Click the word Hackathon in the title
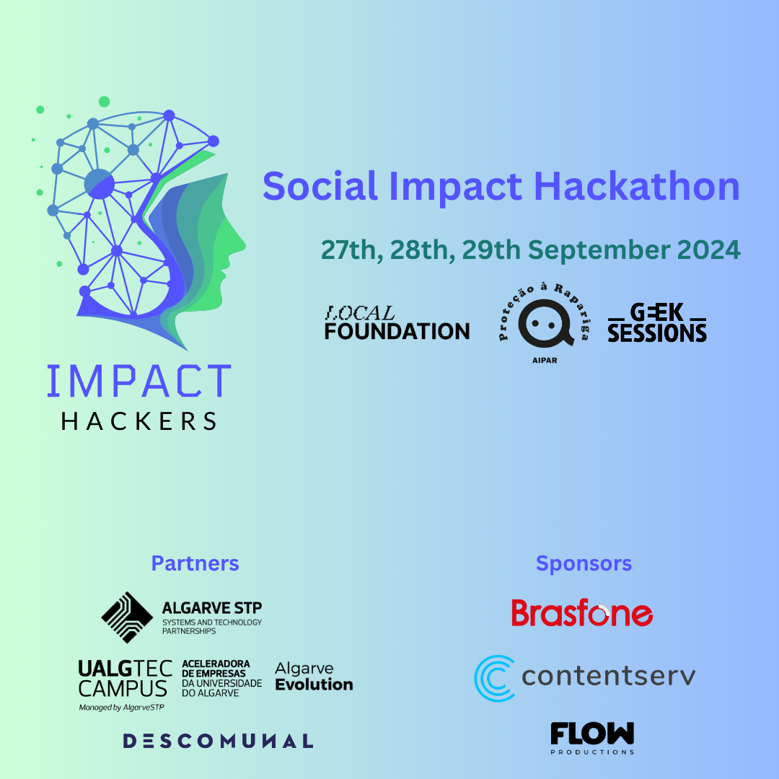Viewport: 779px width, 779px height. point(636,186)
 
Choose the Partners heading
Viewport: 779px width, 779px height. point(195,563)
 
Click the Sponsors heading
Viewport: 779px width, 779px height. point(584,564)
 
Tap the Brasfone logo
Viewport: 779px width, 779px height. point(582,612)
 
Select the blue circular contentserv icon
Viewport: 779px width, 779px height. point(494,678)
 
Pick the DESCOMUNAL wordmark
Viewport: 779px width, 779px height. point(218,741)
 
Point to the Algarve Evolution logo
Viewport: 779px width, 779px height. point(314,677)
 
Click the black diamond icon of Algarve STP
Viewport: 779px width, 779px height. point(127,617)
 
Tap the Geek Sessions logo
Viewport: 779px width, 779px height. point(657,323)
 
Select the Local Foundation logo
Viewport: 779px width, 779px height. point(397,323)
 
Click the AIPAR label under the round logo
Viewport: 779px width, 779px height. point(545,360)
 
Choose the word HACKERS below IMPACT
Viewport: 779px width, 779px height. point(139,421)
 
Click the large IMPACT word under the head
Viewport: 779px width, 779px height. point(139,381)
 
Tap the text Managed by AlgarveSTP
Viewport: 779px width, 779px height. point(121,708)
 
